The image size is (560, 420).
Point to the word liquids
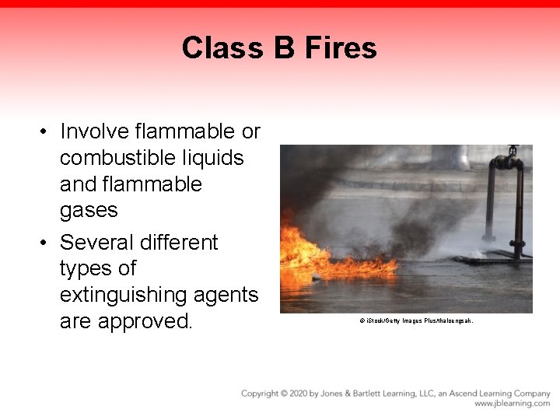(214, 158)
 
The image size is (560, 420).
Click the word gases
(89, 210)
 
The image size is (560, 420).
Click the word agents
(228, 295)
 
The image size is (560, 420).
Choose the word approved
(145, 321)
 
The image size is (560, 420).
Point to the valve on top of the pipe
(512, 150)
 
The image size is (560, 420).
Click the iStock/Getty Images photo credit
(416, 320)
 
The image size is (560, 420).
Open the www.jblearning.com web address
(512, 404)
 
